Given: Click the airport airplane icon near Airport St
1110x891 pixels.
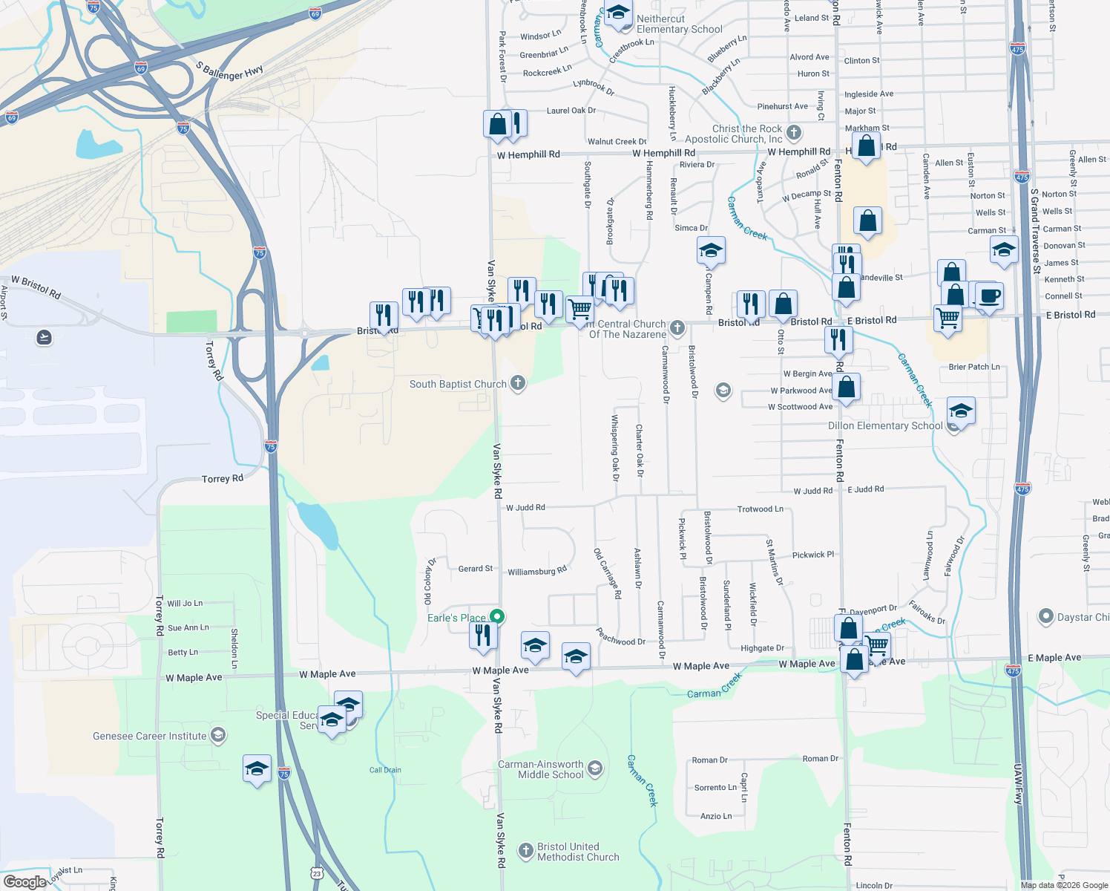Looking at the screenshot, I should pyautogui.click(x=44, y=338).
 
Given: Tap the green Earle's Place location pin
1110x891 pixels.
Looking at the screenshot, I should pyautogui.click(x=498, y=617).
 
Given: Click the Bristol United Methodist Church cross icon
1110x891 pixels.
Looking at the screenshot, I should pyautogui.click(x=525, y=851).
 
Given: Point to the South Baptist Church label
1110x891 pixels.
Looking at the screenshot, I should pyautogui.click(x=458, y=384).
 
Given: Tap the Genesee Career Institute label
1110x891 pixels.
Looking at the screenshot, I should pyautogui.click(x=149, y=736).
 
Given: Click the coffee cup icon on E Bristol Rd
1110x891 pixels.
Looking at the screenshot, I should pyautogui.click(x=990, y=296).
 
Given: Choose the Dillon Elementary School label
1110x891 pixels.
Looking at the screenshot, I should pyautogui.click(x=885, y=425).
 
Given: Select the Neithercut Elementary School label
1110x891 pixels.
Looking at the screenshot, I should pyautogui.click(x=679, y=25).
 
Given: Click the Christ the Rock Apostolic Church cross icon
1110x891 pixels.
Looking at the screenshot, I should pyautogui.click(x=794, y=133).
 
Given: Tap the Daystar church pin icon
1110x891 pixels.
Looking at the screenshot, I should pyautogui.click(x=1045, y=617).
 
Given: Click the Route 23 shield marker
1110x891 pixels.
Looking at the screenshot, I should pyautogui.click(x=318, y=872).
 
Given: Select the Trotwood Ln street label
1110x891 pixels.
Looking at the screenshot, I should pyautogui.click(x=760, y=509).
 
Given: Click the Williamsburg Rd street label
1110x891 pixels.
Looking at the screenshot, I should pyautogui.click(x=536, y=571).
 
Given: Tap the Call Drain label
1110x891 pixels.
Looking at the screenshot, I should pyautogui.click(x=385, y=770).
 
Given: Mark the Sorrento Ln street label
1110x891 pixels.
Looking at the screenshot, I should pyautogui.click(x=715, y=788).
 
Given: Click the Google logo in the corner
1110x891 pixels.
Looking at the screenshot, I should pyautogui.click(x=24, y=881).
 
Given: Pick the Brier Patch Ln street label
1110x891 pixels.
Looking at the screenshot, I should pyautogui.click(x=973, y=367).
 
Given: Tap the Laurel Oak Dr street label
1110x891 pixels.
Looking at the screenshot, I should pyautogui.click(x=571, y=111).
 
